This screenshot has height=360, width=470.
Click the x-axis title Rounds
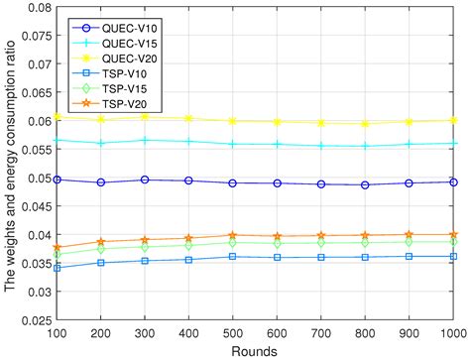click(x=256, y=351)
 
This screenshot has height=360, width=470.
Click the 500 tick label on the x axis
click(x=256, y=335)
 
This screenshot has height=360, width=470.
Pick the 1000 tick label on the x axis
click(x=455, y=335)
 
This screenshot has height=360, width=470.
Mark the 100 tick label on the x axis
click(x=58, y=335)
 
